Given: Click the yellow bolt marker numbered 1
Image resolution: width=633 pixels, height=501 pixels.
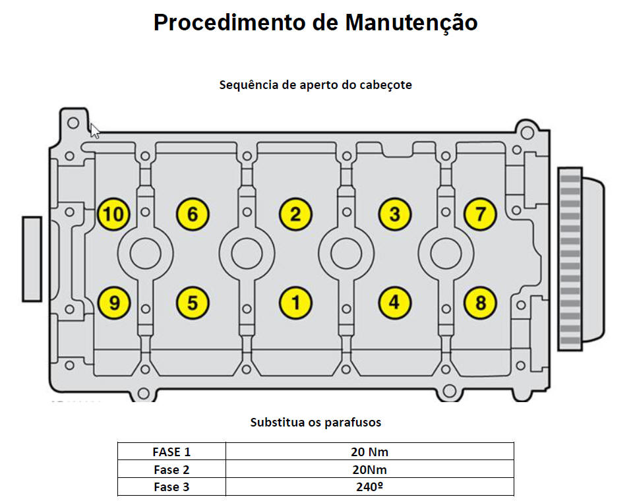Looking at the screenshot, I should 295,303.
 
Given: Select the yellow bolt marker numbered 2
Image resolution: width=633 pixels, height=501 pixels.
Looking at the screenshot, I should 295,214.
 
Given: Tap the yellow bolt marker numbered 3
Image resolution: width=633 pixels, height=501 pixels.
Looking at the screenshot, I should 394,214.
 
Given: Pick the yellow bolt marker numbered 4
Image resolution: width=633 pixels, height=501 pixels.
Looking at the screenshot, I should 394,303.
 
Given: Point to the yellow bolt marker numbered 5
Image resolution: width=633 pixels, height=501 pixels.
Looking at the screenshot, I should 193,303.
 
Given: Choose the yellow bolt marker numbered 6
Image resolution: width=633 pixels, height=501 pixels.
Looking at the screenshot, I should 193,214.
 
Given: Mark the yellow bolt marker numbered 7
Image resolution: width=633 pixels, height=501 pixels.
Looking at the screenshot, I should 480,214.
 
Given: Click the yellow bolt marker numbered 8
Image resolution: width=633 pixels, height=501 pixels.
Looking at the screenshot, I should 480,303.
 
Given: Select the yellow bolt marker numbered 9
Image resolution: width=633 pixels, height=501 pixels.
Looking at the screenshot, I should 114,303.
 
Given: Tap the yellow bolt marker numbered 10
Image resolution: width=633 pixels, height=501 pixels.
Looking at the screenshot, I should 113,214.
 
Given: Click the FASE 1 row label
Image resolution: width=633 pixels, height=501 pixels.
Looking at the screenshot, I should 171,452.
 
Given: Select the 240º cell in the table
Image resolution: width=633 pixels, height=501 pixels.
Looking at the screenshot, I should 369,487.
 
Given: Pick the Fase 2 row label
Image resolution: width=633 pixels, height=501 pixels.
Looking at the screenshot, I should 171,469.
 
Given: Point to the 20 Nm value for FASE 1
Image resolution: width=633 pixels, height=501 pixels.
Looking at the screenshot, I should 369,452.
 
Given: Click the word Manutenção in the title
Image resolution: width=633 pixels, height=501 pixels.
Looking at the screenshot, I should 411,23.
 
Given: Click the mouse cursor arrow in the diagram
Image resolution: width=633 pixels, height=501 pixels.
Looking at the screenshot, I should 95,131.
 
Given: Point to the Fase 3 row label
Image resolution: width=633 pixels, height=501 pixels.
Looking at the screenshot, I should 171,487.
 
